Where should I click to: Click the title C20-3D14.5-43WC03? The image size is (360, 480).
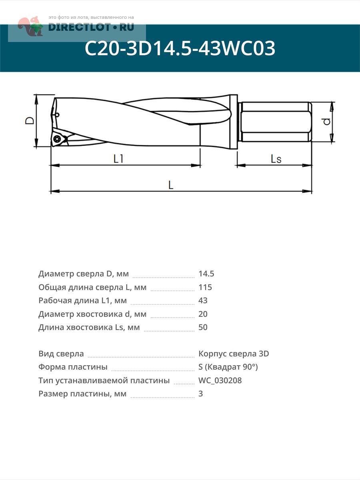pos(180,49)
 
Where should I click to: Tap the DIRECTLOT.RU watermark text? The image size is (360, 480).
pos(91,27)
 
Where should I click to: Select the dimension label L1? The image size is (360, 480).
pos(118,159)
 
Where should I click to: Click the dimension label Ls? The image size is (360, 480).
pos(276,159)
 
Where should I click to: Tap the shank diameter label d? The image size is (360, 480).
pos(327,121)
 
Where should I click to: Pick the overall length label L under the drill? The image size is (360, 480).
pos(171,185)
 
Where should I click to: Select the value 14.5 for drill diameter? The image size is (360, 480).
pos(206,274)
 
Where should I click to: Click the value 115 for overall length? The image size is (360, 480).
pos(205,287)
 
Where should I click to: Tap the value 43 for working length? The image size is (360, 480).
pos(203,300)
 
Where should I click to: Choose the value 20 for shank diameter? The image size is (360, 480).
pos(203,314)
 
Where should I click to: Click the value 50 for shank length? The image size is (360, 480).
pos(203,327)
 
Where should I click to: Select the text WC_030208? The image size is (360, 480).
pos(220,380)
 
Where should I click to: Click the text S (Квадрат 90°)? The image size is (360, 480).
pos(228,367)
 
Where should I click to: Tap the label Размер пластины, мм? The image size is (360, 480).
pos(82,394)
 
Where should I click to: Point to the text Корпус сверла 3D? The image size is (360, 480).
pos(234,354)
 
